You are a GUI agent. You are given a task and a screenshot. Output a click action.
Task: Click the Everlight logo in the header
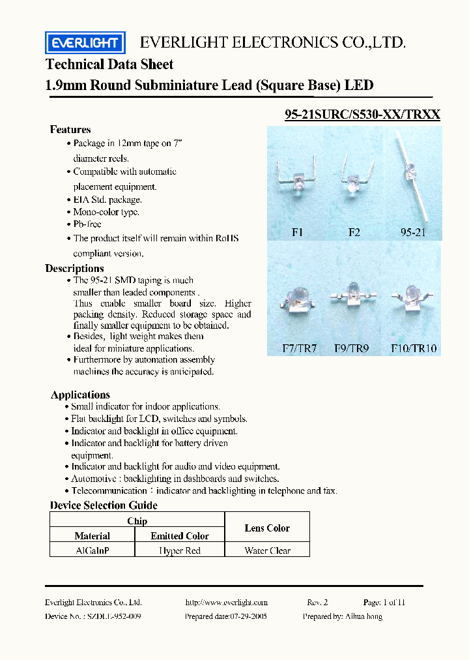(x=85, y=43)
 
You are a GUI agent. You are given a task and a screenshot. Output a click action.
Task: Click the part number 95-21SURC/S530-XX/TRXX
(x=363, y=115)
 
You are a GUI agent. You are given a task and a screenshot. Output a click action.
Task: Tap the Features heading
(x=70, y=130)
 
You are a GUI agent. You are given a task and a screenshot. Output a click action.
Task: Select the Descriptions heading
(x=74, y=269)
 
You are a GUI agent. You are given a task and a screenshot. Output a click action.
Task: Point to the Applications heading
(x=80, y=395)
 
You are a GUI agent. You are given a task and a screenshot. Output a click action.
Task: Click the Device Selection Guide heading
(x=104, y=505)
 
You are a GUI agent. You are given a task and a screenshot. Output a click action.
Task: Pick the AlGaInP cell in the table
(x=92, y=550)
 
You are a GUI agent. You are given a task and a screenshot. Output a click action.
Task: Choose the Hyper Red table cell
(x=180, y=550)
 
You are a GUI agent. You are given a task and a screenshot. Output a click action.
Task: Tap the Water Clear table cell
(x=267, y=550)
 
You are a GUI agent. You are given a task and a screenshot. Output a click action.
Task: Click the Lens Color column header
(x=267, y=528)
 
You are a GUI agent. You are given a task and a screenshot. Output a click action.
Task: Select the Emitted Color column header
(x=180, y=536)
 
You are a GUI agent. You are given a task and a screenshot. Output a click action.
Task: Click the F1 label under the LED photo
(x=297, y=232)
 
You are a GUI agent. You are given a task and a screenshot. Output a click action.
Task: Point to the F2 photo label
(x=354, y=232)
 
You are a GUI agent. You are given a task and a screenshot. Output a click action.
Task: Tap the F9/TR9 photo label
(x=352, y=348)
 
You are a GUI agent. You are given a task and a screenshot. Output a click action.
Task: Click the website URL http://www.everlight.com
(x=226, y=603)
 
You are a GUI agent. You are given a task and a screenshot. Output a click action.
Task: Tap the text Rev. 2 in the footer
(x=317, y=603)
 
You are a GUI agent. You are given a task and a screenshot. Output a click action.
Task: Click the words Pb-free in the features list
(x=87, y=224)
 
